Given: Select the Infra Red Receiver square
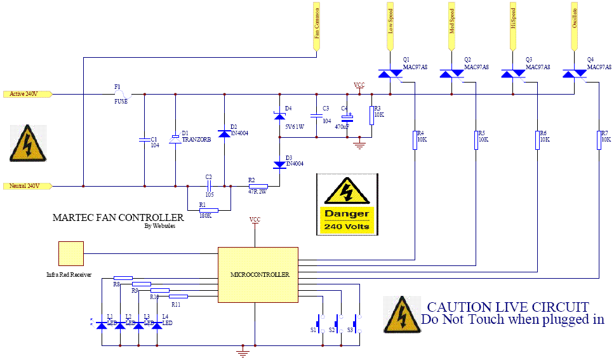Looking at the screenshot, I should pyautogui.click(x=70, y=253).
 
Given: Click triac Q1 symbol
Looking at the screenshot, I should pyautogui.click(x=389, y=74).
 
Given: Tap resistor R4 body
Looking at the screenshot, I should pyautogui.click(x=414, y=140).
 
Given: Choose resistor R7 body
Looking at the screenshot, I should pyautogui.click(x=599, y=140).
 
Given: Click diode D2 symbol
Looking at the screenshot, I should pyautogui.click(x=224, y=134).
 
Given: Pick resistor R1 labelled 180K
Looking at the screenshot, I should pyautogui.click(x=208, y=210).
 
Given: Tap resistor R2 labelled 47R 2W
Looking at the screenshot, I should pyautogui.click(x=258, y=186).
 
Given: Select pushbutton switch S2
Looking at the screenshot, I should pyautogui.click(x=338, y=322).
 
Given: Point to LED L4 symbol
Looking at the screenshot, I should pyautogui.click(x=157, y=325).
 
